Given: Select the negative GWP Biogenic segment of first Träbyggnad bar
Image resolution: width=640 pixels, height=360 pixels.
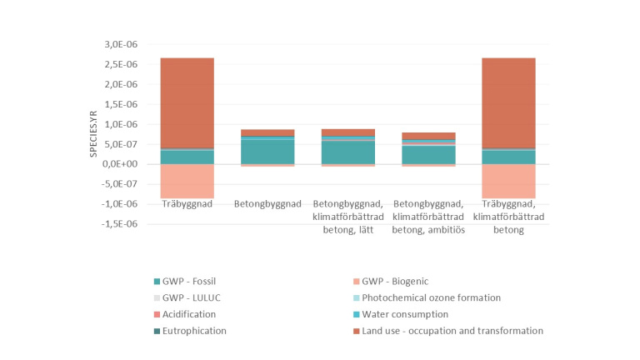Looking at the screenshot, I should tap(187, 181).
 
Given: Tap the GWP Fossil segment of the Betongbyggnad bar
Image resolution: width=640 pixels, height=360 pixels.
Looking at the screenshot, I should tap(267, 152).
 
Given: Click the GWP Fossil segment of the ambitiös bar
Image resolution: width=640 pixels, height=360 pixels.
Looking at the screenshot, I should tap(428, 154).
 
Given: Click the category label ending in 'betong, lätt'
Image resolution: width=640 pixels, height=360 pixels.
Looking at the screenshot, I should tap(347, 217).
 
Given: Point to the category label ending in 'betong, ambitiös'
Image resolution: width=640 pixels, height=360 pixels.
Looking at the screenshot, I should tap(428, 217).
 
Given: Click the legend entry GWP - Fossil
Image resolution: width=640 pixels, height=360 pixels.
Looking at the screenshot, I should tap(192, 281).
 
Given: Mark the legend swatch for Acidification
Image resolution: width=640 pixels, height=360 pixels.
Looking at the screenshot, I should tap(157, 314).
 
